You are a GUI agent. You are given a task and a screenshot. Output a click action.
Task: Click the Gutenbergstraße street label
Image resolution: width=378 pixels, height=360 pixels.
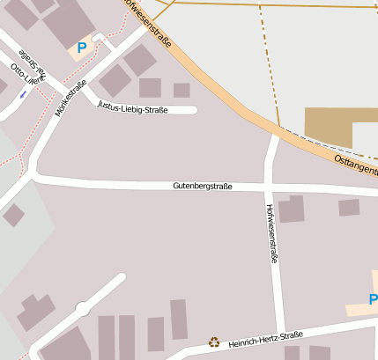203,187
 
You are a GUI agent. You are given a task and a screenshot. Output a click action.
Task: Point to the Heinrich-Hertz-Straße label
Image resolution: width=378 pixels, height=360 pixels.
265,340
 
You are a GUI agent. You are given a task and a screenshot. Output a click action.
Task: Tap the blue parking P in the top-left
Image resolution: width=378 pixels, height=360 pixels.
82,48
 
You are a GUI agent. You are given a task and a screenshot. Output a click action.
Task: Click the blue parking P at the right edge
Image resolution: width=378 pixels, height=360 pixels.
373,300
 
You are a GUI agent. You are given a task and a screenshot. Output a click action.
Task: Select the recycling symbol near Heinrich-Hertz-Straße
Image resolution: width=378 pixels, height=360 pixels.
213,342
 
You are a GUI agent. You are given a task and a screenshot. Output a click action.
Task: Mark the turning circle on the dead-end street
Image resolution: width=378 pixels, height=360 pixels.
83,309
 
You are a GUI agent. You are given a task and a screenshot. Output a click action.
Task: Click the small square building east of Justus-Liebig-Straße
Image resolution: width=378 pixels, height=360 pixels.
182,90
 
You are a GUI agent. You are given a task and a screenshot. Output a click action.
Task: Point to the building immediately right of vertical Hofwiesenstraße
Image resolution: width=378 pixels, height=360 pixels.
291,209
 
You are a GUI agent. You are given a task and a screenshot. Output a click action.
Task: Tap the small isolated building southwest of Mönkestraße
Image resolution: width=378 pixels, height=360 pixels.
13,215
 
